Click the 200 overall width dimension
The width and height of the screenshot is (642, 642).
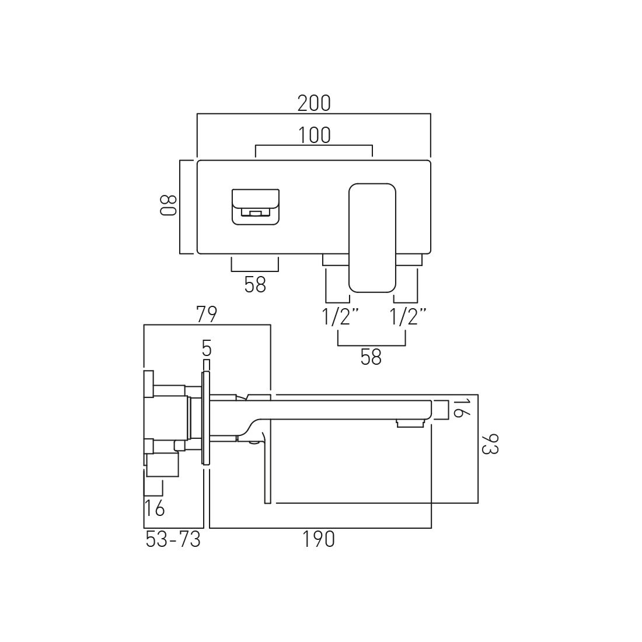pyautogui.click(x=314, y=103)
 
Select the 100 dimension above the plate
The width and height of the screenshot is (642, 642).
pyautogui.click(x=314, y=135)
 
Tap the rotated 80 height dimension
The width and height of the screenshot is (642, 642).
pyautogui.click(x=168, y=205)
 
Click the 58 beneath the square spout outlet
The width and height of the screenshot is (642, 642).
pyautogui.click(x=255, y=285)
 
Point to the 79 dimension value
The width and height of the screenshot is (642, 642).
pyautogui.click(x=207, y=315)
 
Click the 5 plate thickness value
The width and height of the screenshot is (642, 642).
pyautogui.click(x=206, y=348)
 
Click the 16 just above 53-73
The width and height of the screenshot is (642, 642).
pyautogui.click(x=155, y=508)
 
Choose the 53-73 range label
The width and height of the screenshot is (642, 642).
pyautogui.click(x=173, y=540)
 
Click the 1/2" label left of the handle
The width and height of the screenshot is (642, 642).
pyautogui.click(x=340, y=317)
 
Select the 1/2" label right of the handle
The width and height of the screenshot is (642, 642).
pyautogui.click(x=408, y=317)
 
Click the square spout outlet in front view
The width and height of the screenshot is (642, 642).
pyautogui.click(x=255, y=206)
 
